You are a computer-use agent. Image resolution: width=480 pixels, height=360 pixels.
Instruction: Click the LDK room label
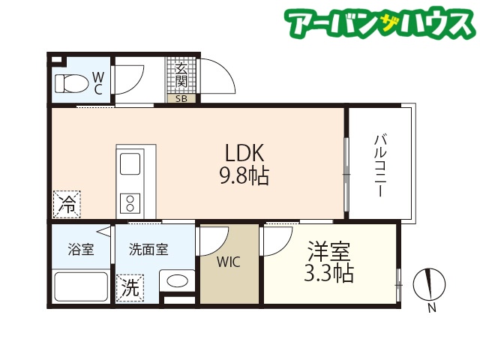244,153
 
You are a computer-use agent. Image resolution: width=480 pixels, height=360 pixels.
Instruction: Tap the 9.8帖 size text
244,175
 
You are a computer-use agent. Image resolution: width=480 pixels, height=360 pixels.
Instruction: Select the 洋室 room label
329,251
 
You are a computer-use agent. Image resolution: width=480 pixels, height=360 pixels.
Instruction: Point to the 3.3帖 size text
328,273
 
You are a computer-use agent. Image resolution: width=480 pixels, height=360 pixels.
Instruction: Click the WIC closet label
228,262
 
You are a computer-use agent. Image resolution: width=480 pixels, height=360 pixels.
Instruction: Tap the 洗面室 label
148,250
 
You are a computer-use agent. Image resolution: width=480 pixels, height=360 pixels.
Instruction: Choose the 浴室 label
81,249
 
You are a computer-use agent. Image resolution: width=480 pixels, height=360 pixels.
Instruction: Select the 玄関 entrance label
181,75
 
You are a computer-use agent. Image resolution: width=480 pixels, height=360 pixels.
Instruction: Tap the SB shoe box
181,98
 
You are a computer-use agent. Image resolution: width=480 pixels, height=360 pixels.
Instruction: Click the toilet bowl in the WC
70,83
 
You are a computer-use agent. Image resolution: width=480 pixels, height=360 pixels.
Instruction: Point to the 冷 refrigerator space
67,205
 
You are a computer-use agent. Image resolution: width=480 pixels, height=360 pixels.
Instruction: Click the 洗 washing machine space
130,288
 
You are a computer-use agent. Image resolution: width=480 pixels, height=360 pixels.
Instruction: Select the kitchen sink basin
130,163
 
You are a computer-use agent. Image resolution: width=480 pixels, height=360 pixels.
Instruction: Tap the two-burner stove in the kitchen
130,203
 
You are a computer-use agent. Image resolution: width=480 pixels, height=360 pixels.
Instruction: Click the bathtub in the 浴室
81,287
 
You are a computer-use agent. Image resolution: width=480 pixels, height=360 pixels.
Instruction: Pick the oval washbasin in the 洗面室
177,280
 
